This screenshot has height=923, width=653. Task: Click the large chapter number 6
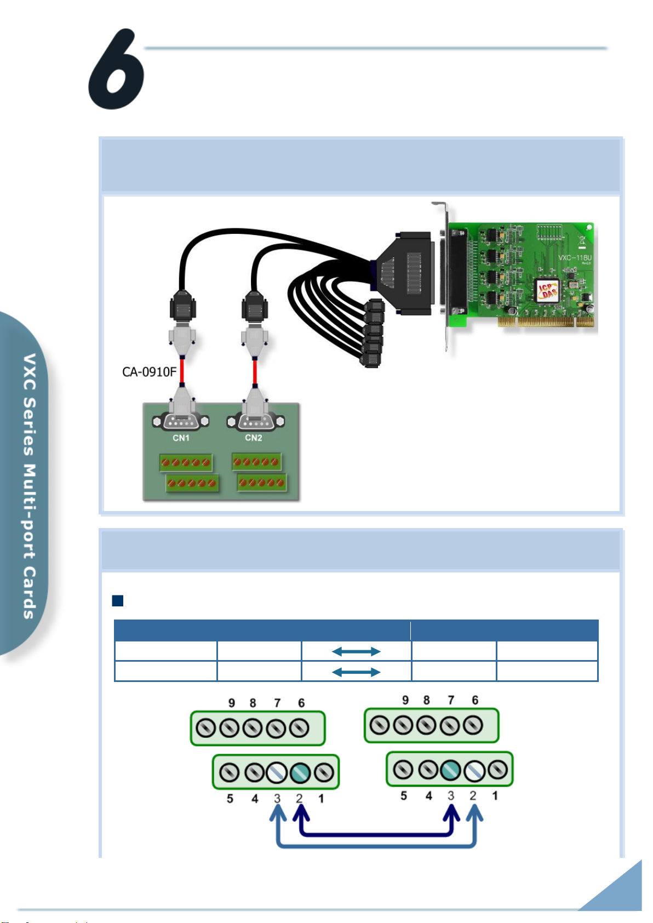116,70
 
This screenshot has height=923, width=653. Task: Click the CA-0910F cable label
149,372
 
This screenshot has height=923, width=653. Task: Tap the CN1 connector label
181,438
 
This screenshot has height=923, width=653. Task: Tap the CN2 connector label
254,438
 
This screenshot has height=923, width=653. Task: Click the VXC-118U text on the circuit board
575,257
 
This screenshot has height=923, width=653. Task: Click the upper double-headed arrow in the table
356,651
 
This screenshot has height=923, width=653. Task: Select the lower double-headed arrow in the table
356,672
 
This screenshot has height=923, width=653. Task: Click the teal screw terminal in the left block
300,773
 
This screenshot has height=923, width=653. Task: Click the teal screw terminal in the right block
450,770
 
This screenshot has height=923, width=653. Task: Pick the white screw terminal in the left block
277,773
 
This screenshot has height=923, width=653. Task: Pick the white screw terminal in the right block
473,771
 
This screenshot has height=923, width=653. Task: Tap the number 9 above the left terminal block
232,703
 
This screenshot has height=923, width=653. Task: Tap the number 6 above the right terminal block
475,700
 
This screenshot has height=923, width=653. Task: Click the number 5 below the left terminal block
230,799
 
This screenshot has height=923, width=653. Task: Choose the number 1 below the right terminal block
495,795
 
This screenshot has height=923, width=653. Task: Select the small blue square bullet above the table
117,601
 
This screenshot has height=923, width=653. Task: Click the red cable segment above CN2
255,372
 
